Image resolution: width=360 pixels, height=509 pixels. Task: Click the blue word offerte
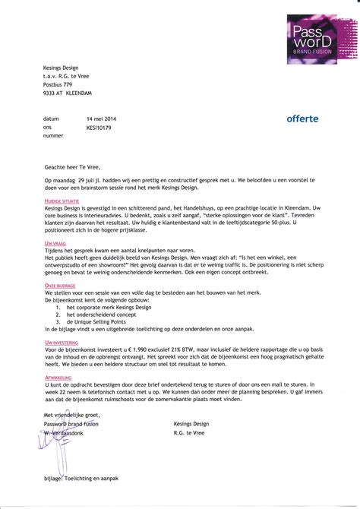coord(303,119)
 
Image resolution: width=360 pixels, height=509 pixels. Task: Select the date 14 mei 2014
coord(103,119)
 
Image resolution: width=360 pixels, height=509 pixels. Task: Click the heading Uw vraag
coord(54,242)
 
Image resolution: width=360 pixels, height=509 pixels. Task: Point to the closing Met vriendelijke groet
coord(72,414)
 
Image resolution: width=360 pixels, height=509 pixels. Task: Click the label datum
coord(51,119)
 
